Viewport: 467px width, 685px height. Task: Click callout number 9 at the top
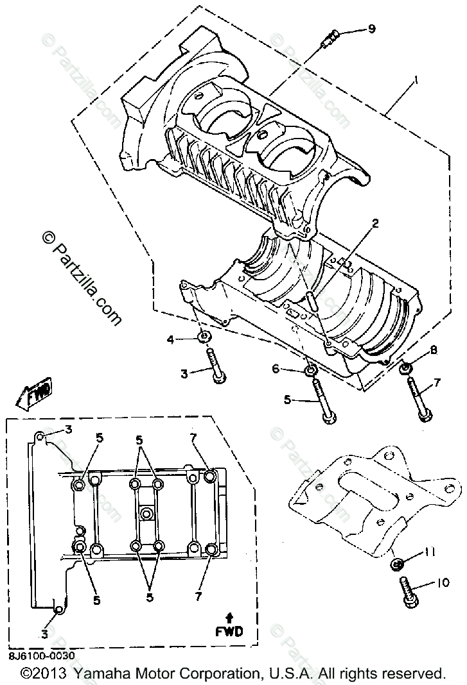coord(371,29)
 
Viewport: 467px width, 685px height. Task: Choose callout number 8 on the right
coord(434,350)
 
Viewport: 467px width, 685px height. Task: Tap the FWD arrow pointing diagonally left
coord(37,393)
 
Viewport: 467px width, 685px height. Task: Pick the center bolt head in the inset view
coord(147,514)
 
